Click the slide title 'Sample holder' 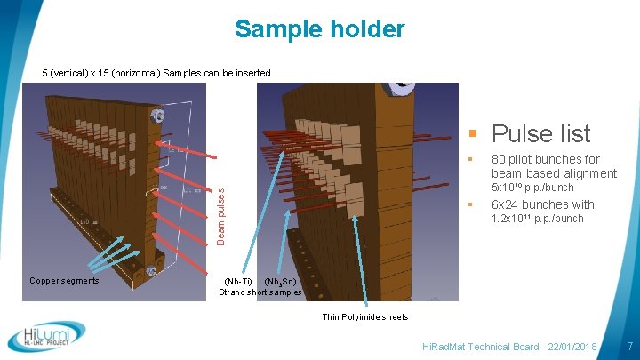[319, 29]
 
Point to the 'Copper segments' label [63, 281]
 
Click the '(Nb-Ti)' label [237, 282]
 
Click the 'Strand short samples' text [260, 292]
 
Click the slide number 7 [629, 344]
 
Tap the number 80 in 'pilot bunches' [500, 160]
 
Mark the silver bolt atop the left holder [157, 115]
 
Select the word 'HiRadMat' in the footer [444, 344]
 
